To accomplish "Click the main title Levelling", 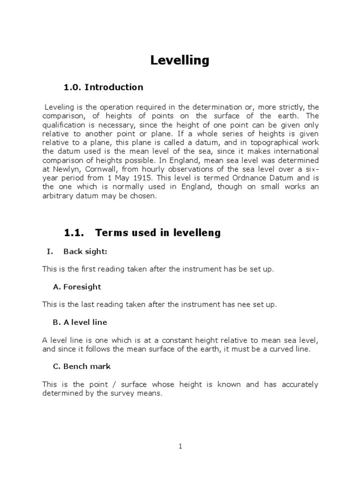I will point(180,60).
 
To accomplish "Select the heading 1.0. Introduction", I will point(104,87).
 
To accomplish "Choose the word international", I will point(293,151).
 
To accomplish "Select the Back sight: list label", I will point(85,252).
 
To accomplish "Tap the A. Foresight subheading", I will point(77,287).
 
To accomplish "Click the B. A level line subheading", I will point(80,322).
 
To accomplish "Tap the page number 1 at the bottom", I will point(180,447).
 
